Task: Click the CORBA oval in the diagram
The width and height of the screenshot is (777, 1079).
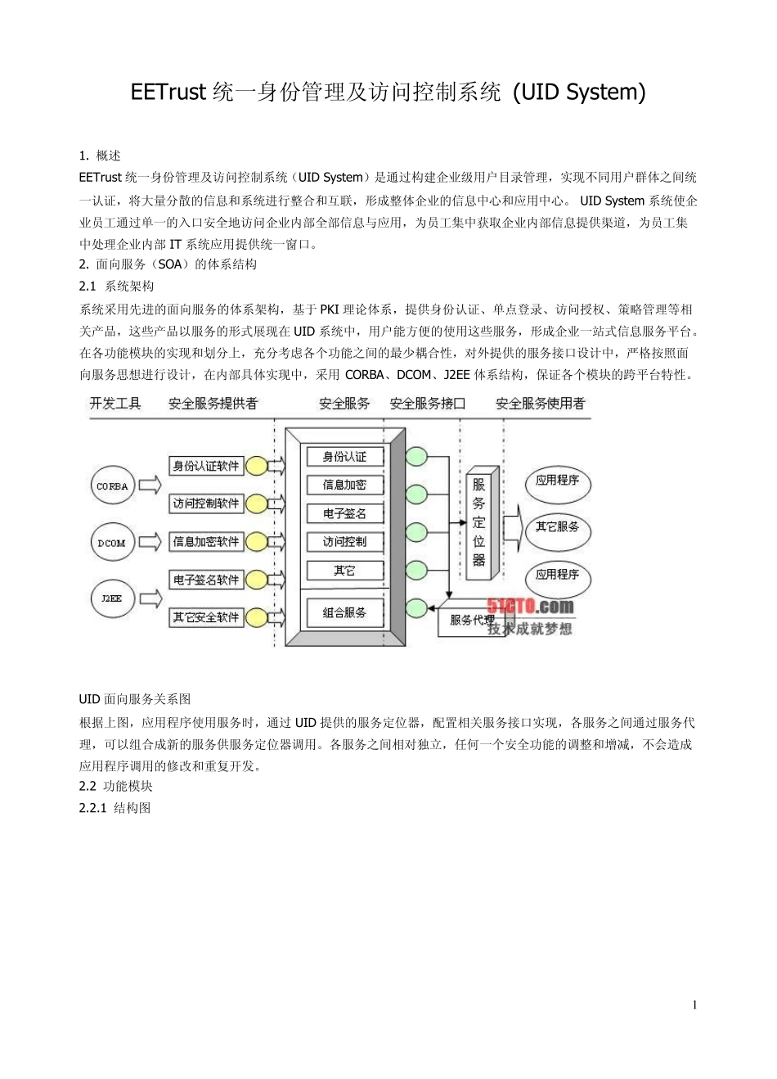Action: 112,486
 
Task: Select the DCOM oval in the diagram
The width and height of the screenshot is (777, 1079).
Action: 112,542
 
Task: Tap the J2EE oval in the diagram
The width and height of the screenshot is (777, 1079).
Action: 112,598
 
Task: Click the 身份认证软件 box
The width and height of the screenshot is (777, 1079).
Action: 206,466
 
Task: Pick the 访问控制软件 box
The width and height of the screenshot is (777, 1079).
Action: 206,503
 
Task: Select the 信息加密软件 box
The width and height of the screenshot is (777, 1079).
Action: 206,541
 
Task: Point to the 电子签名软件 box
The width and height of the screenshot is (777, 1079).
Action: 206,580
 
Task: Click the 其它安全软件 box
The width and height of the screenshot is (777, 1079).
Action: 206,617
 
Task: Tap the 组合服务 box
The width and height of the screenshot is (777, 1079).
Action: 344,612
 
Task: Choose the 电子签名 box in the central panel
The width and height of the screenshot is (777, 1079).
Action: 344,513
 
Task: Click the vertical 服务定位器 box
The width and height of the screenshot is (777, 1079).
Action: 479,523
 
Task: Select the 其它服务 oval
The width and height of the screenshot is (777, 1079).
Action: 558,527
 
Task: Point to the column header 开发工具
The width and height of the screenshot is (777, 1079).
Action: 115,404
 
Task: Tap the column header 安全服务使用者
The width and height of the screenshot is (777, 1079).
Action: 541,404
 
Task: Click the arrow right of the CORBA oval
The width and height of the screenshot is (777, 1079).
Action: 150,485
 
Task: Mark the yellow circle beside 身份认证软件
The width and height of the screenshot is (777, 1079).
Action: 256,466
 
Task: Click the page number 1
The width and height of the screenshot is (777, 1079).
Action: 695,1005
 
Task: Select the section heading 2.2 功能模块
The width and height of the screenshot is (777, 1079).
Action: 116,786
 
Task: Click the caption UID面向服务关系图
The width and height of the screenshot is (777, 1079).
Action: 135,699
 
